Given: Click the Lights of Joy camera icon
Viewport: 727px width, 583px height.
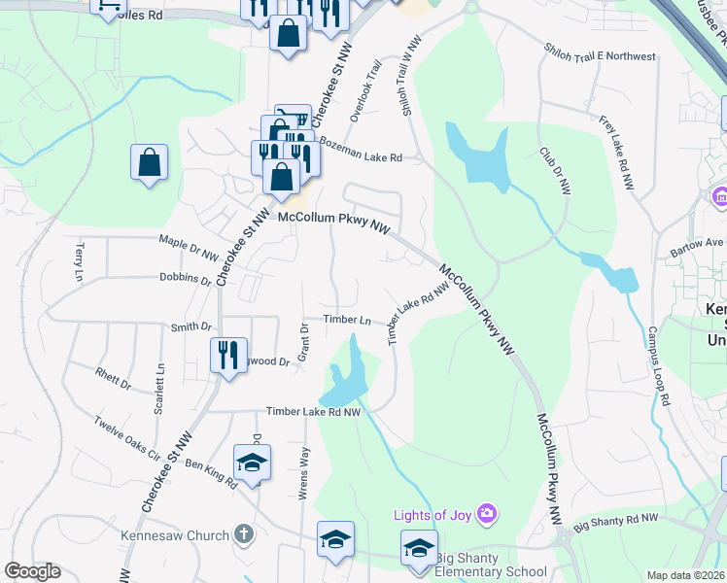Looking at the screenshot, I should click(x=488, y=512).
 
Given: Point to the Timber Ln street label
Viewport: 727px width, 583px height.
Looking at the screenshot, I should click(x=348, y=320).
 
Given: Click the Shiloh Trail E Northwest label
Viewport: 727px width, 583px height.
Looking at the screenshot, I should click(x=600, y=56).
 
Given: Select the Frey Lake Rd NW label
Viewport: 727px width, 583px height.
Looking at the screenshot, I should click(x=616, y=152).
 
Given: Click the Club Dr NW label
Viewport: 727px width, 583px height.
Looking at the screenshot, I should click(x=555, y=171).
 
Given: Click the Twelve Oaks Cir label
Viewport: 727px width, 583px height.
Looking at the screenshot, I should click(x=127, y=436).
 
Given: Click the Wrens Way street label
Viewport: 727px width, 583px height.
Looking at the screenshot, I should click(x=304, y=472).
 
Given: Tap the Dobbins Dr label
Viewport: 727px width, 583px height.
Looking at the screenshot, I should click(x=186, y=279).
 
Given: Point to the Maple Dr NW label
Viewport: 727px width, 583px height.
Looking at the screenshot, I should click(x=189, y=247).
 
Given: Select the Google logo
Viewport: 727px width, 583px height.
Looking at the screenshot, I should click(x=32, y=571).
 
